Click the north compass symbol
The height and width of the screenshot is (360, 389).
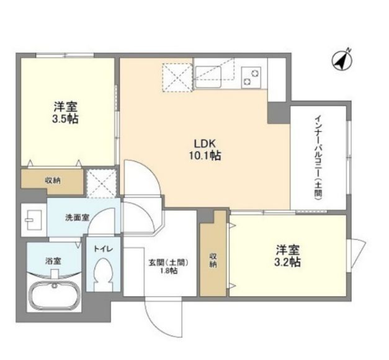(342, 60)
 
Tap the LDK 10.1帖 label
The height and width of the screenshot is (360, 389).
(205, 149)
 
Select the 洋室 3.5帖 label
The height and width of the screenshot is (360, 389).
(65, 113)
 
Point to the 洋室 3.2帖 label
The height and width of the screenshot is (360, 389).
(287, 256)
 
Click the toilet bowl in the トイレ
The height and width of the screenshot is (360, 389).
(103, 274)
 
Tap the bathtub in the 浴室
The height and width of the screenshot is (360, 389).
(54, 296)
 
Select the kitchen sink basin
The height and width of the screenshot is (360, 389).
(208, 77)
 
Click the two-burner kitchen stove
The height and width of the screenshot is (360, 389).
(251, 77)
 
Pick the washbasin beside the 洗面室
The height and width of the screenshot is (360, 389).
(34, 220)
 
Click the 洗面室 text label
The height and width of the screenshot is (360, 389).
(77, 217)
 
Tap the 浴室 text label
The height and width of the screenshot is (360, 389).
(53, 261)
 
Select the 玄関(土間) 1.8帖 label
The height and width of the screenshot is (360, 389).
(168, 266)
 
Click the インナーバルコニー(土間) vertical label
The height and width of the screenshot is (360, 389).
(318, 157)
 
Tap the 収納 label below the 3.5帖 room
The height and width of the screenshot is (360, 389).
(53, 180)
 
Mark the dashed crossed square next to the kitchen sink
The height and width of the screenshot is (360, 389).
(177, 77)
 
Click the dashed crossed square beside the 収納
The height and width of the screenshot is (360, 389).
(102, 183)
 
